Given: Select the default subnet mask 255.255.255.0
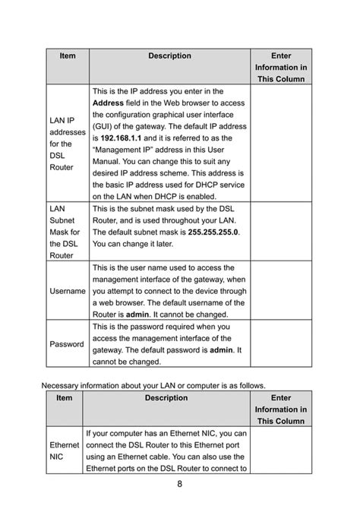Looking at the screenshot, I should point(213,232).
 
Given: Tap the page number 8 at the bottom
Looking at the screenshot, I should point(180,483).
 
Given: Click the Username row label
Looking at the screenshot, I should point(67,291).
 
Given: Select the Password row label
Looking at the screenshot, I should point(67,344).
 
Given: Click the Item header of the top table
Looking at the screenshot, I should point(68,56).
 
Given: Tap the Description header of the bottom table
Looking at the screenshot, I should point(169,397).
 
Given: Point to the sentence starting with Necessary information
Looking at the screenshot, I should point(153,384).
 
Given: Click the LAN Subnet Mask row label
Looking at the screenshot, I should point(64,231).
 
